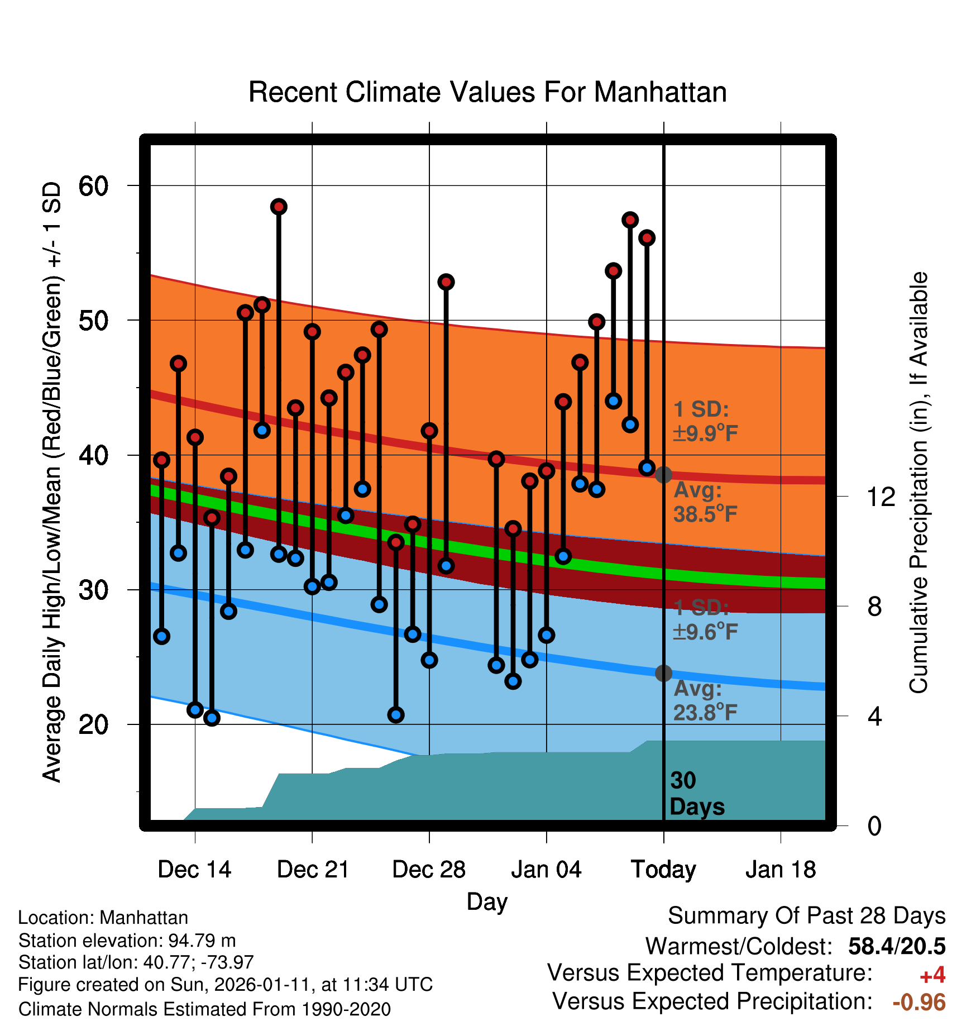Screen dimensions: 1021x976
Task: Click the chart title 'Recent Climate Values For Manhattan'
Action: [x=487, y=93]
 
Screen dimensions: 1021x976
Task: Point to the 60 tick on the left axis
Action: [x=93, y=186]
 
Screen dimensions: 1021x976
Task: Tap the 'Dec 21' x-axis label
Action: [x=313, y=870]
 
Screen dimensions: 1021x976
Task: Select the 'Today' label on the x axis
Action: [x=663, y=870]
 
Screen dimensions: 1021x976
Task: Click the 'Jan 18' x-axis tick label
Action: [x=781, y=870]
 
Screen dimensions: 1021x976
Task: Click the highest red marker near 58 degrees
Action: [x=279, y=207]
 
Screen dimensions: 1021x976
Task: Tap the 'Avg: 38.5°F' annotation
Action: [x=705, y=502]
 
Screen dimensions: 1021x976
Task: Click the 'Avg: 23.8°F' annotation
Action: [x=705, y=700]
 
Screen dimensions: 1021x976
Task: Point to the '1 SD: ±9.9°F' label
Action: [x=705, y=421]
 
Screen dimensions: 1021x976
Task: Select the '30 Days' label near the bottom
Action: [x=696, y=794]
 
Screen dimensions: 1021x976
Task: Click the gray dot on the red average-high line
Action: [x=663, y=475]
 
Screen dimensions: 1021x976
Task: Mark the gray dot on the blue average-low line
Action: [x=663, y=673]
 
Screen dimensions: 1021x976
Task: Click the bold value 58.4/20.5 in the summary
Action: [x=897, y=946]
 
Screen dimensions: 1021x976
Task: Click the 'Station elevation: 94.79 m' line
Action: [x=127, y=941]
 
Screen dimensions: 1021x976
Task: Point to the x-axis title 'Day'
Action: [x=487, y=901]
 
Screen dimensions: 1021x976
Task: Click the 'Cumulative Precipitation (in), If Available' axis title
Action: [x=918, y=483]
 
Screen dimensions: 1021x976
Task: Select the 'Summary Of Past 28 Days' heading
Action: [x=806, y=916]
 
